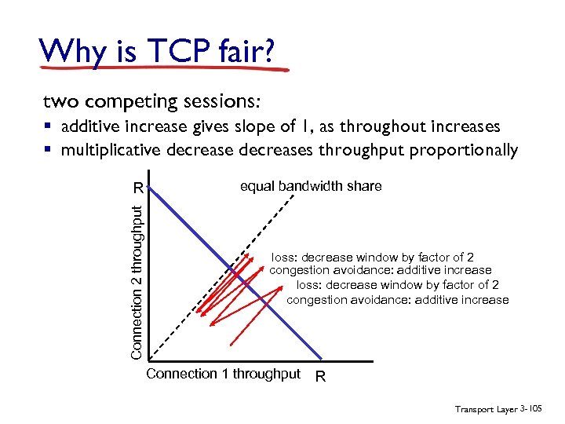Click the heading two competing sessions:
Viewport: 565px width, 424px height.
[x=151, y=102]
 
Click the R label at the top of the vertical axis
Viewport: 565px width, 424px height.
[x=138, y=188]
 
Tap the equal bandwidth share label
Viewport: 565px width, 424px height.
[x=311, y=186]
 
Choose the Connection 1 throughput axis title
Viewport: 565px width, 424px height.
[x=223, y=374]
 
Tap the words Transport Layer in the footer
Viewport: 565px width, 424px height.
[x=486, y=409]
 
